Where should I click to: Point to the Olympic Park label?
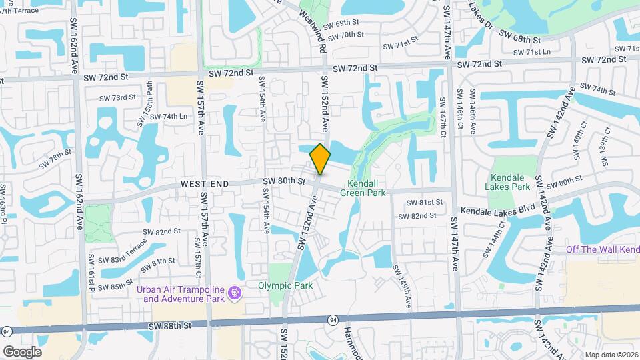285,286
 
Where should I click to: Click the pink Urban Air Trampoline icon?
234,293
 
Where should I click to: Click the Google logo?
22,351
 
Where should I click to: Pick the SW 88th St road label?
170,325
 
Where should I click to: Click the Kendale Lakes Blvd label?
498,211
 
